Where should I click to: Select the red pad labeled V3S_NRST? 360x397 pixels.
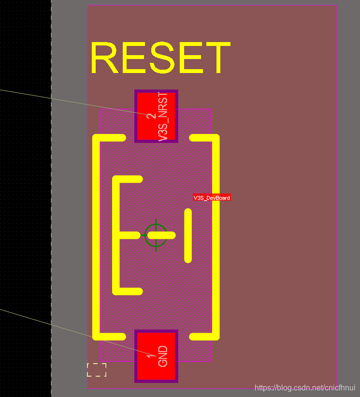tap(156, 116)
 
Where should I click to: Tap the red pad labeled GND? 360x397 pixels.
tap(156, 356)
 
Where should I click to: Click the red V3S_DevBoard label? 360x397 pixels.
tap(212, 197)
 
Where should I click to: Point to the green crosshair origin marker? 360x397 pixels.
tap(156, 235)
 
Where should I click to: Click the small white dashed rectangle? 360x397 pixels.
tap(97, 369)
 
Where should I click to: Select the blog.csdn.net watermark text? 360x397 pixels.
tap(305, 388)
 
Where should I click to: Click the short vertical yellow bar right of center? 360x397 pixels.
tap(188, 235)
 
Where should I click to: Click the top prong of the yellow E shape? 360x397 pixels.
tap(129, 179)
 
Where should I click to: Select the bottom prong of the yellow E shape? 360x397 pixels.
tap(129, 291)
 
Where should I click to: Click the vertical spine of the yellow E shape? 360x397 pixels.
tap(116, 235)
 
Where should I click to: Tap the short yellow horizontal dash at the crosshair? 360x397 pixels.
tap(161, 235)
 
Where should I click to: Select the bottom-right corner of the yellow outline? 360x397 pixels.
tap(215, 336)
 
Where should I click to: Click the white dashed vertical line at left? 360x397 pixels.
tap(51, 193)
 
